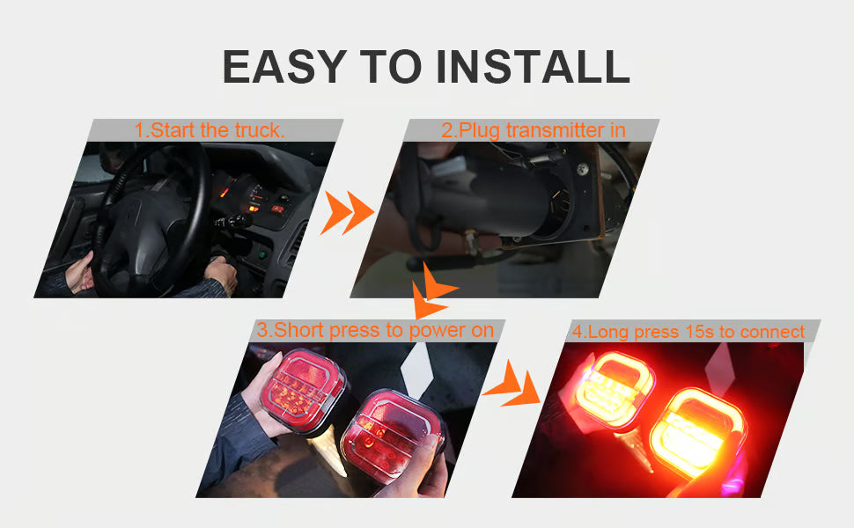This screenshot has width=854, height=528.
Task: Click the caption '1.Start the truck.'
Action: pos(210,130)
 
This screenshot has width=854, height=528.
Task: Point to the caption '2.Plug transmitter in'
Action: pos(534,130)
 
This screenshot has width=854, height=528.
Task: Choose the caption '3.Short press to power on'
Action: pos(375,331)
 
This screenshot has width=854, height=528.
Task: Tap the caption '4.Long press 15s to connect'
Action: pos(688,332)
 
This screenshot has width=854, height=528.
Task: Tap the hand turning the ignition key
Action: pos(220,275)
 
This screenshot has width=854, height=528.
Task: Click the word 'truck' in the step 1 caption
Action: pos(257,130)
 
